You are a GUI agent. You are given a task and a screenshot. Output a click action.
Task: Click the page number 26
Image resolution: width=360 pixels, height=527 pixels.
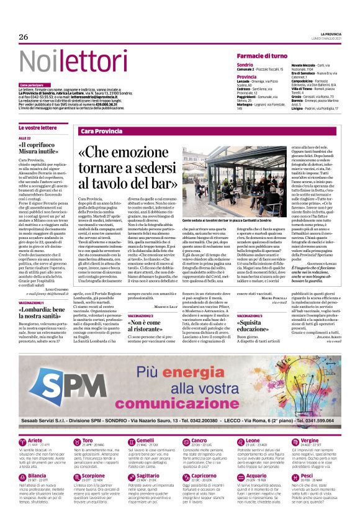click(x=24, y=37)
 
